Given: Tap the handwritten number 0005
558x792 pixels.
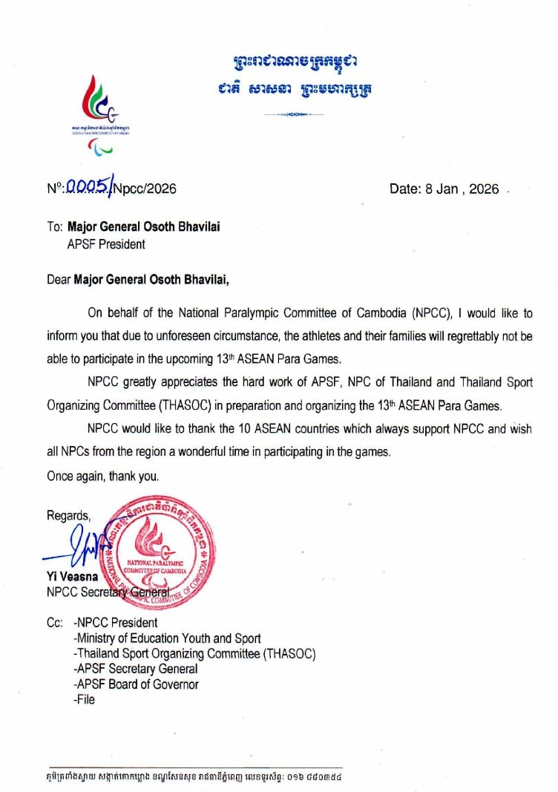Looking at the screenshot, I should (88, 188).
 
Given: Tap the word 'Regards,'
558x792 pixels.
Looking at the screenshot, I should (69, 515).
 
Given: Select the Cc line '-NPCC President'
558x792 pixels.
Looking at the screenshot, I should (116, 623).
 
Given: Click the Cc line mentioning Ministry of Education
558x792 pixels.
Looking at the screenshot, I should (167, 638).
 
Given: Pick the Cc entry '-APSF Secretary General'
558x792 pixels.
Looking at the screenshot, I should (136, 670).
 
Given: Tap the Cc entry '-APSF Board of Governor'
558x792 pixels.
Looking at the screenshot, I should (137, 684).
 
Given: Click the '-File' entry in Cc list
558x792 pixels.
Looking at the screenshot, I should (85, 699).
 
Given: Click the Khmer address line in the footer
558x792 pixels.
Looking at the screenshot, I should (194, 778).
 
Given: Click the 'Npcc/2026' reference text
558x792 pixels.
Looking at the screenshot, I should (145, 189).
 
